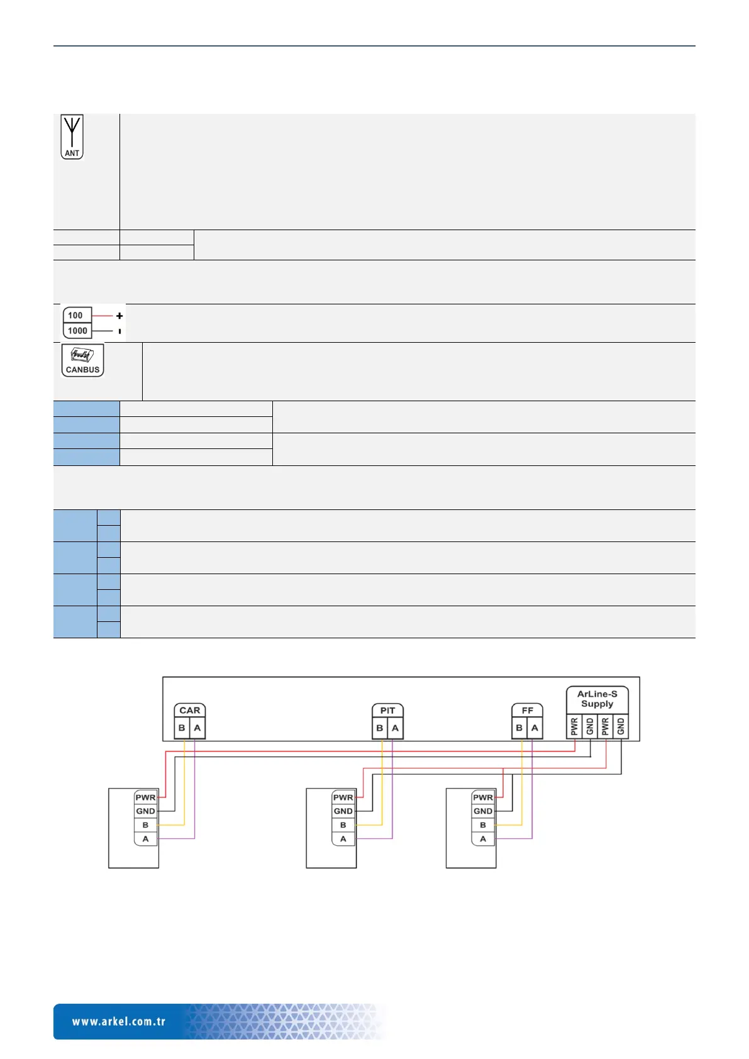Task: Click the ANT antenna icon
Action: pyautogui.click(x=72, y=136)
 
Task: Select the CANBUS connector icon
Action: pyautogui.click(x=82, y=360)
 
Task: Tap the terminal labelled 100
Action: pyautogui.click(x=76, y=315)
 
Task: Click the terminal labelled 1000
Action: pyautogui.click(x=77, y=331)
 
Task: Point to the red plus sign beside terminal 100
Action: pyautogui.click(x=119, y=316)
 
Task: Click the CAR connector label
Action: pyautogui.click(x=189, y=711)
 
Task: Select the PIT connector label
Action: pyautogui.click(x=387, y=711)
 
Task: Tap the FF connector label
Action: pyautogui.click(x=527, y=711)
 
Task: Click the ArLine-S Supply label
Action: pyautogui.click(x=597, y=699)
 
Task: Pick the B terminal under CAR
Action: pyautogui.click(x=182, y=728)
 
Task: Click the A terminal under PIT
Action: pyautogui.click(x=395, y=728)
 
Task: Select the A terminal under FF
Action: pyautogui.click(x=535, y=728)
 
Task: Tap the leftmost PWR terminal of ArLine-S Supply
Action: pyautogui.click(x=574, y=727)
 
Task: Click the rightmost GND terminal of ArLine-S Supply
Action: pyautogui.click(x=621, y=727)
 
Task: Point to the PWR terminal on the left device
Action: pyautogui.click(x=145, y=797)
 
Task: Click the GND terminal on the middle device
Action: pyautogui.click(x=343, y=811)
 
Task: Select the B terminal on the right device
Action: pyautogui.click(x=483, y=825)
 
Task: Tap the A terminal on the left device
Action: pyautogui.click(x=145, y=839)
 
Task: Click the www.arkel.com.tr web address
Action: pyautogui.click(x=119, y=1021)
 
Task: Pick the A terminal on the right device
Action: pyautogui.click(x=483, y=839)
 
